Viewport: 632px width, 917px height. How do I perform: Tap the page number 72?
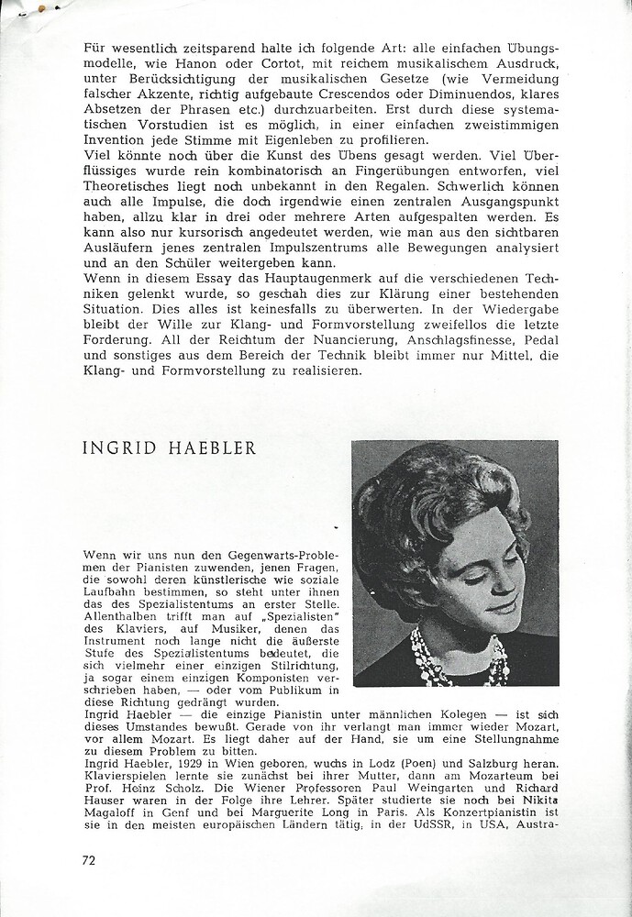pyautogui.click(x=90, y=860)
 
